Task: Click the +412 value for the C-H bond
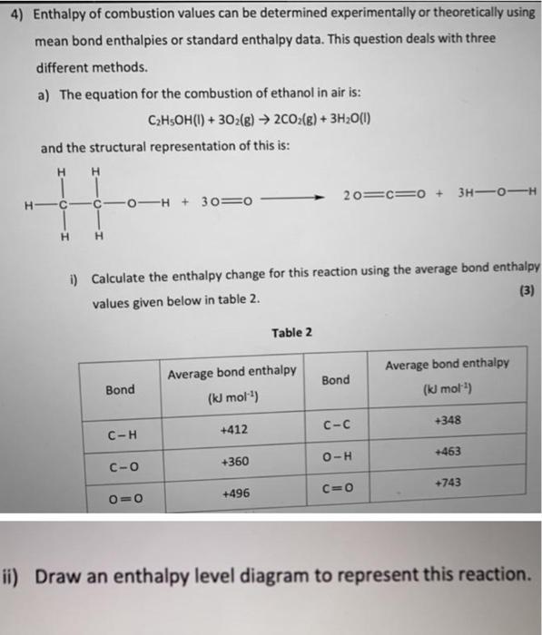(x=237, y=428)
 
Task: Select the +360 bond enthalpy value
(x=237, y=462)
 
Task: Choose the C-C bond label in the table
(x=336, y=424)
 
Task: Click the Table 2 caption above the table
(x=291, y=333)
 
